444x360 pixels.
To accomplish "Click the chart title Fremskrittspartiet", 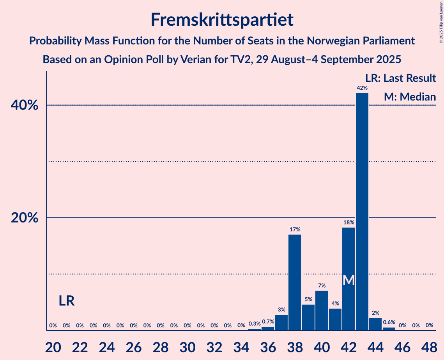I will click(x=222, y=19).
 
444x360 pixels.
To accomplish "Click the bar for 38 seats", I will click(x=295, y=282).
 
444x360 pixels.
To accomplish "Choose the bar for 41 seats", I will click(x=335, y=319).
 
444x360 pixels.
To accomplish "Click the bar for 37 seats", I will click(x=281, y=322).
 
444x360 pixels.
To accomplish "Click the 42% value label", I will click(x=362, y=88).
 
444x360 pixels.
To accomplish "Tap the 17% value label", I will click(x=295, y=229).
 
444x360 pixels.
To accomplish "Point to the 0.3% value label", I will click(x=255, y=324).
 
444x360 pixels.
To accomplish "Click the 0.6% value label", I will click(x=389, y=322).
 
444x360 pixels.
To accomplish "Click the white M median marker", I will click(x=349, y=280).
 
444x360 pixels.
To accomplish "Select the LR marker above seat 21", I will click(x=67, y=301).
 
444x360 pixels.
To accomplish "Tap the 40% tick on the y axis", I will click(x=25, y=105).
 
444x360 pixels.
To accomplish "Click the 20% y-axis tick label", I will click(x=25, y=218).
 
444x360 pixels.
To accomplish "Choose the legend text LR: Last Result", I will click(x=400, y=78).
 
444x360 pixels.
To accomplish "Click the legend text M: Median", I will click(x=410, y=97).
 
